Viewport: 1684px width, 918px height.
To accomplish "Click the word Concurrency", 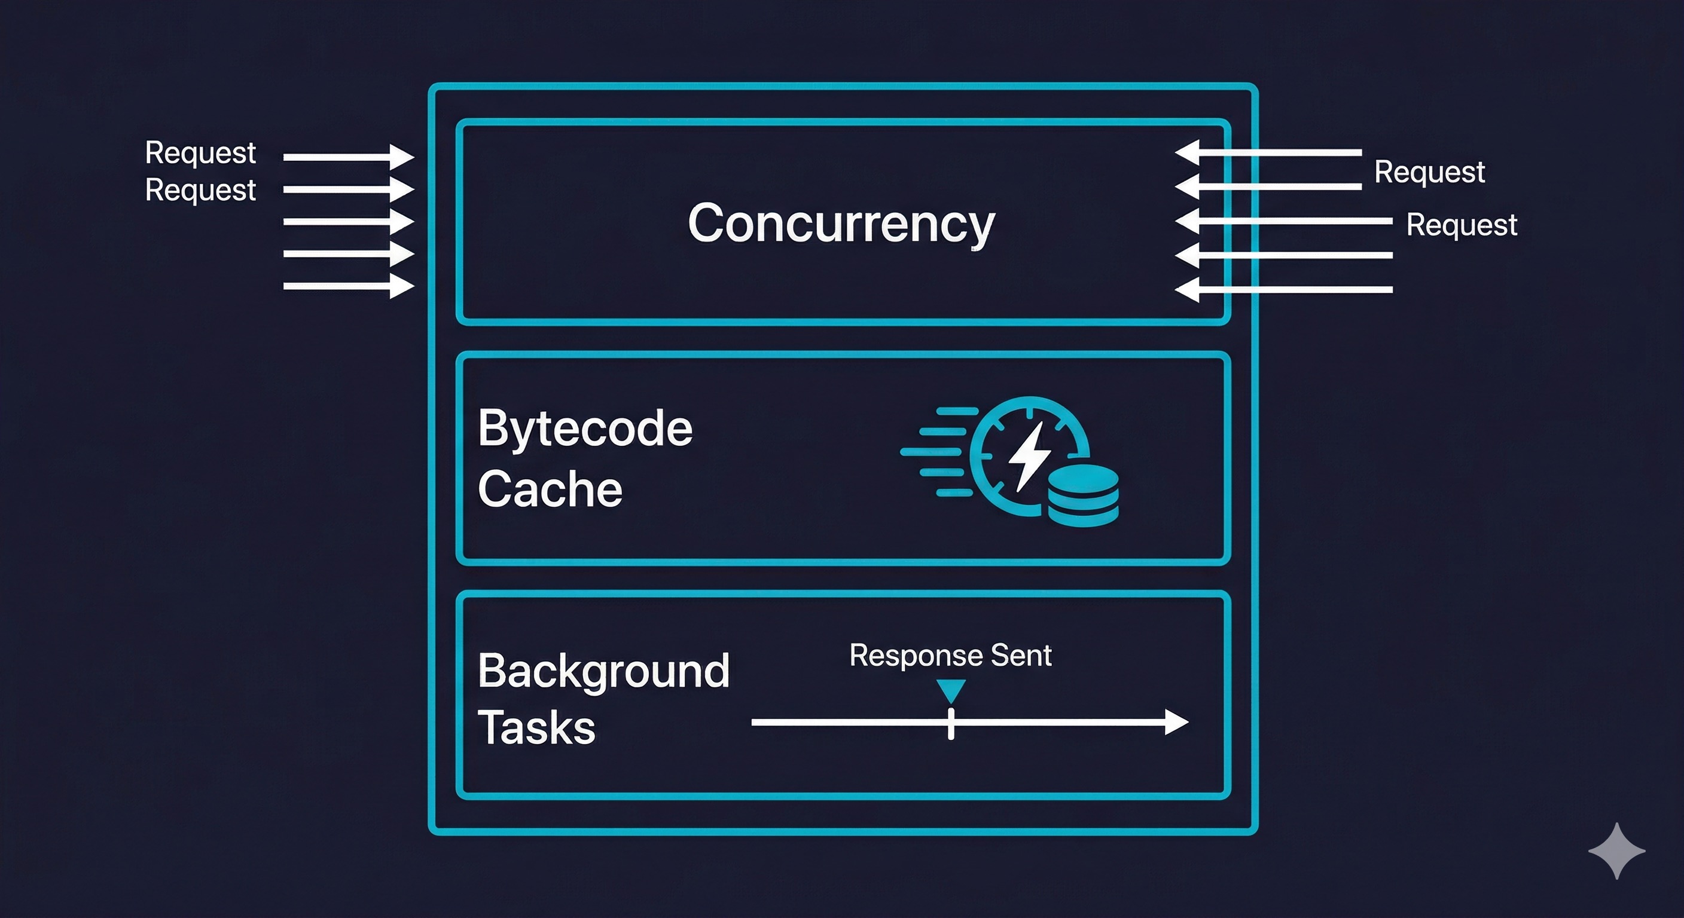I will point(841,224).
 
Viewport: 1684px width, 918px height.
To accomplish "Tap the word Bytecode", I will point(585,429).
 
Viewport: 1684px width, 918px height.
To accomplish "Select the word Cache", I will point(550,489).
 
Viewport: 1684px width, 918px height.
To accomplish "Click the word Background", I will point(603,671).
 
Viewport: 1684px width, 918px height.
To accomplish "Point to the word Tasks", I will point(536,727).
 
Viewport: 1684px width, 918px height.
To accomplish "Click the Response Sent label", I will point(950,656).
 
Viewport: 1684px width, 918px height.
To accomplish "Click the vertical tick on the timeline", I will point(950,723).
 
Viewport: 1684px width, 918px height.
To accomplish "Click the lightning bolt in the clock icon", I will point(1029,456).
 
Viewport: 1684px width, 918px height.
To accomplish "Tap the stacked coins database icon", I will point(1083,496).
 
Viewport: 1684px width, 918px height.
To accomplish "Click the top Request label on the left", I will point(200,153).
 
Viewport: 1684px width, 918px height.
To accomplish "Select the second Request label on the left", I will point(200,190).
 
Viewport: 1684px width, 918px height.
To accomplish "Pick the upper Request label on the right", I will point(1429,173).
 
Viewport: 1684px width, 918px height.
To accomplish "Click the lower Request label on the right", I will point(1461,225).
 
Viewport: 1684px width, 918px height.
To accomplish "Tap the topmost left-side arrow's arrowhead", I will point(401,157).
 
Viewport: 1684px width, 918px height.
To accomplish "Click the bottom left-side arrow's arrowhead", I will point(401,286).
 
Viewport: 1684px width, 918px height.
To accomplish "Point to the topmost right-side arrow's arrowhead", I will point(1187,152).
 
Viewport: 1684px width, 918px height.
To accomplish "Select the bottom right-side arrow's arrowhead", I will point(1187,289).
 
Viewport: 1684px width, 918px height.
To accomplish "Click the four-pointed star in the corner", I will point(1616,850).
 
